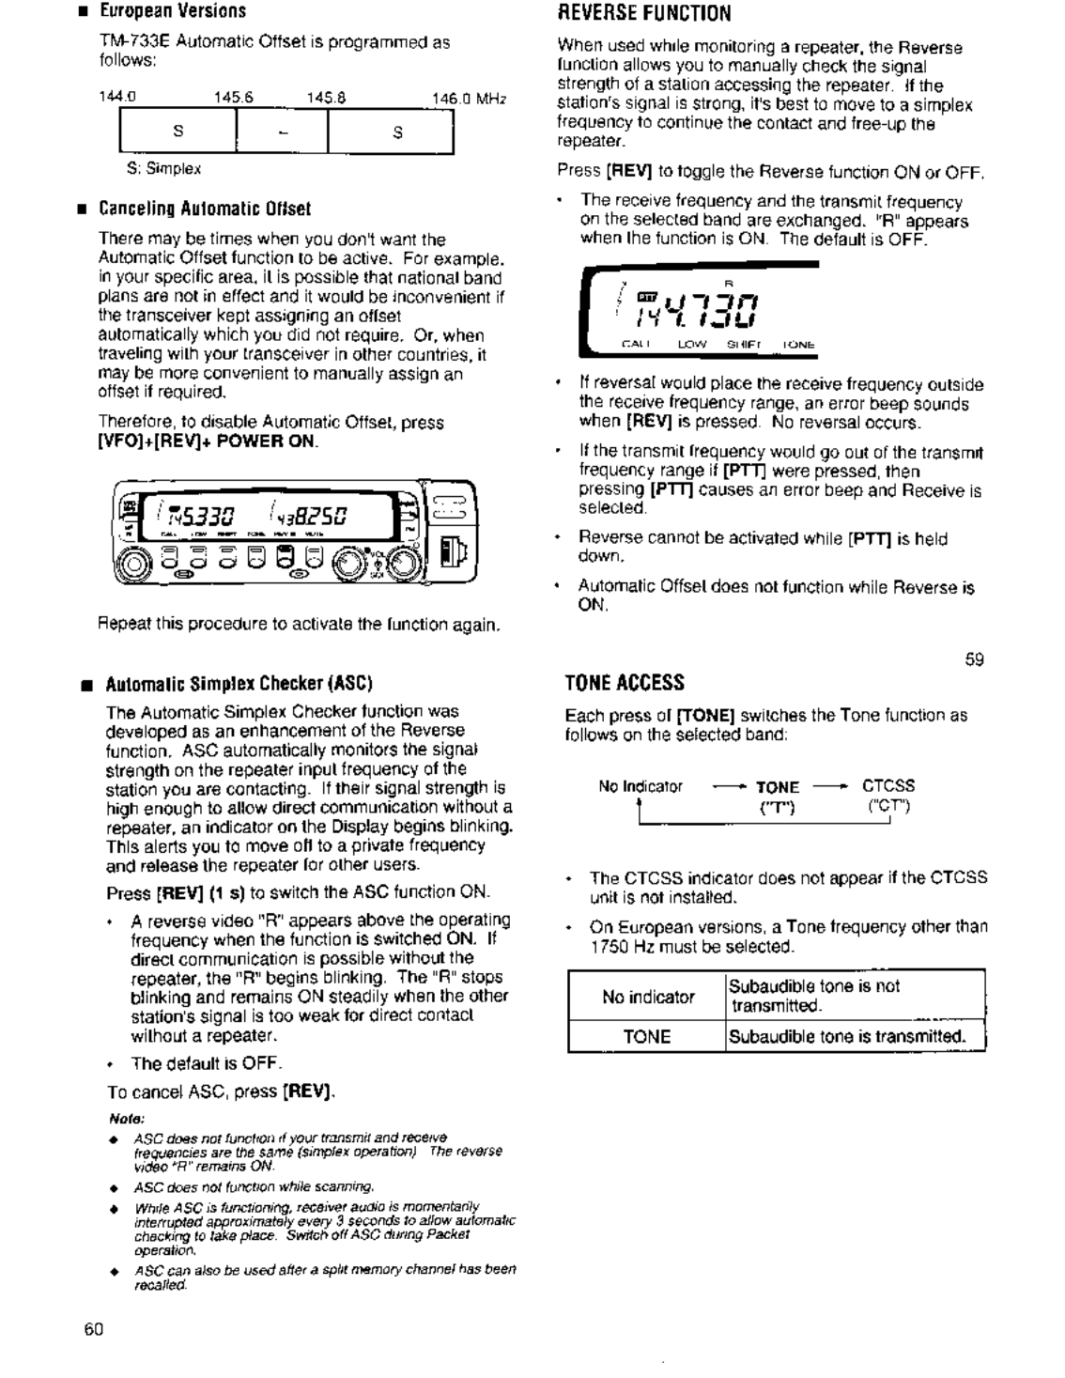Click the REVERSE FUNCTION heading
tap(643, 13)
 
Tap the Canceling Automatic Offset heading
tap(204, 209)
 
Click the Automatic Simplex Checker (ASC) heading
tap(239, 683)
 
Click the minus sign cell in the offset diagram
tap(282, 132)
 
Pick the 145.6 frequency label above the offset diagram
tap(234, 98)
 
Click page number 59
tap(974, 659)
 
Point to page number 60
tap(94, 1329)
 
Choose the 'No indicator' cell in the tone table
tap(648, 997)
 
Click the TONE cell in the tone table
tap(647, 1037)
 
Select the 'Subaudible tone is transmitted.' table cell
tap(847, 1037)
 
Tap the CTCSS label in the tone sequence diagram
tap(887, 786)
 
